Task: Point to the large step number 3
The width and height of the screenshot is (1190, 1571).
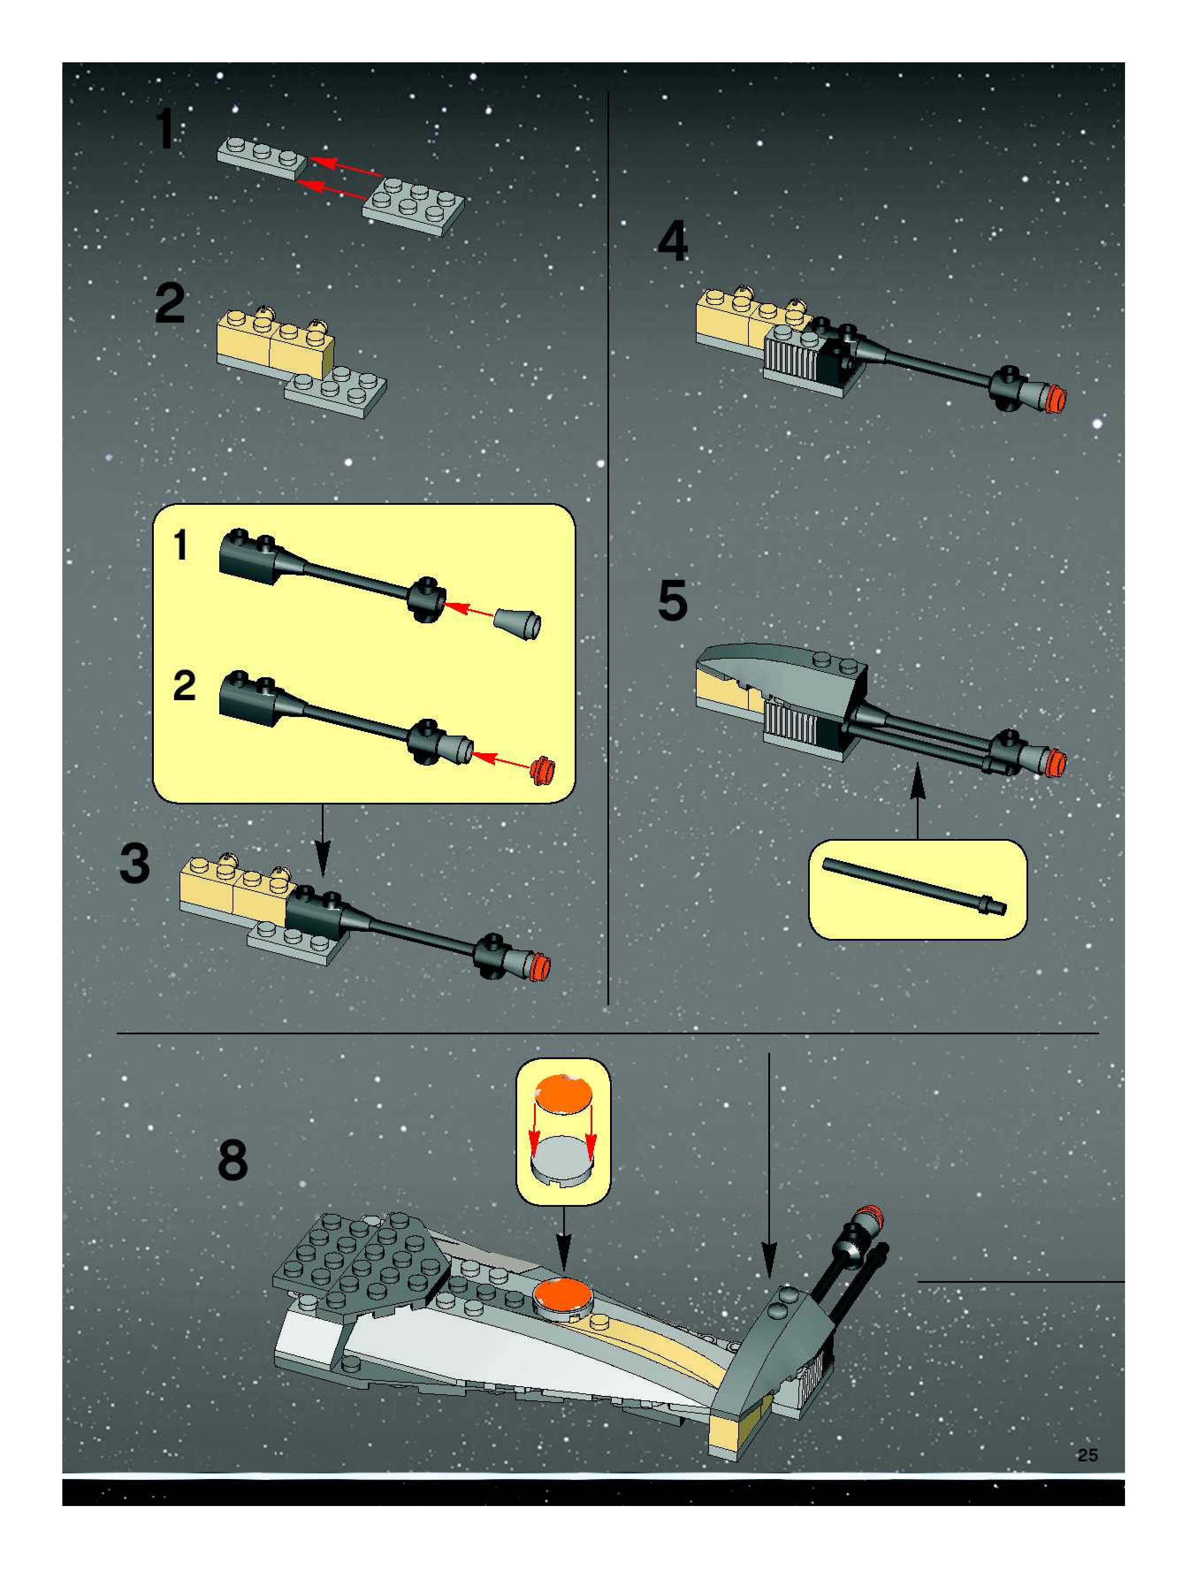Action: pos(135,864)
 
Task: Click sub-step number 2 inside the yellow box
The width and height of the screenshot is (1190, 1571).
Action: pos(184,685)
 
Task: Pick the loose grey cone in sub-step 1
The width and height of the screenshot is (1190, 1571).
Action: pos(519,624)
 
